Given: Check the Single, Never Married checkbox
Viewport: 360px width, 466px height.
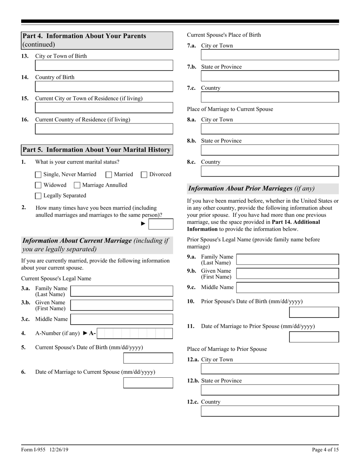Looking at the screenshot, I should [38, 175].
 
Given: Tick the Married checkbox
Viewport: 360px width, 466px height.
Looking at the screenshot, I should [109, 175].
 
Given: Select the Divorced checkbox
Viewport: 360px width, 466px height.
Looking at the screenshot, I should [144, 175].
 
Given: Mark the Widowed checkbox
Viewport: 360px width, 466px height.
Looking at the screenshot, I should [38, 185].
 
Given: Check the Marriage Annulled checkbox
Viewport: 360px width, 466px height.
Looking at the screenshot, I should [77, 185].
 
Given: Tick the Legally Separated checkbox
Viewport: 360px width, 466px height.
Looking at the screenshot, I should [38, 196].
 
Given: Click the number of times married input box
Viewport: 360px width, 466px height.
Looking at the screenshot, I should [161, 224].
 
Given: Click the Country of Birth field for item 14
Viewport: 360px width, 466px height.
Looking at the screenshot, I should [104, 87].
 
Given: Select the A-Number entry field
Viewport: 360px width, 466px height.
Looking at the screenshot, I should [135, 333].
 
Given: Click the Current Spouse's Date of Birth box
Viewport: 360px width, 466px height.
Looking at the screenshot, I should [148, 358].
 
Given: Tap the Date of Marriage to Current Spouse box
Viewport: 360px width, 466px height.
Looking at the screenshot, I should [148, 383].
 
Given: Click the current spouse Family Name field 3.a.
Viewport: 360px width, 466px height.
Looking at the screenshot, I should [122, 291].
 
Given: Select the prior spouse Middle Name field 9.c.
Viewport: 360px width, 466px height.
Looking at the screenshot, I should [287, 288].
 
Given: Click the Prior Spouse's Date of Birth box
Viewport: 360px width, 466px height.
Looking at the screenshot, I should [314, 312].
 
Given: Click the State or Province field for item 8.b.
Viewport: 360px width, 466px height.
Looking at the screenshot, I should [270, 150].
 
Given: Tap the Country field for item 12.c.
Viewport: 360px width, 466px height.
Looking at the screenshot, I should [270, 411].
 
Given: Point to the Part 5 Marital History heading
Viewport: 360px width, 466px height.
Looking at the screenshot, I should [97, 150].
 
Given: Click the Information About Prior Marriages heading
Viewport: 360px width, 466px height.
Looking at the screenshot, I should [251, 189].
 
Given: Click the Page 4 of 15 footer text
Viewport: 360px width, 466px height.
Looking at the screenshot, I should [325, 450].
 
